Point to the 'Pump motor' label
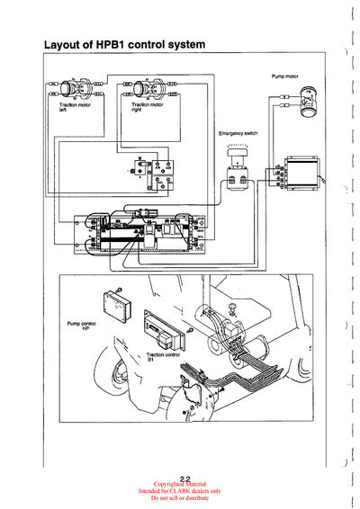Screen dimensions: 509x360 point(286,76)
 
